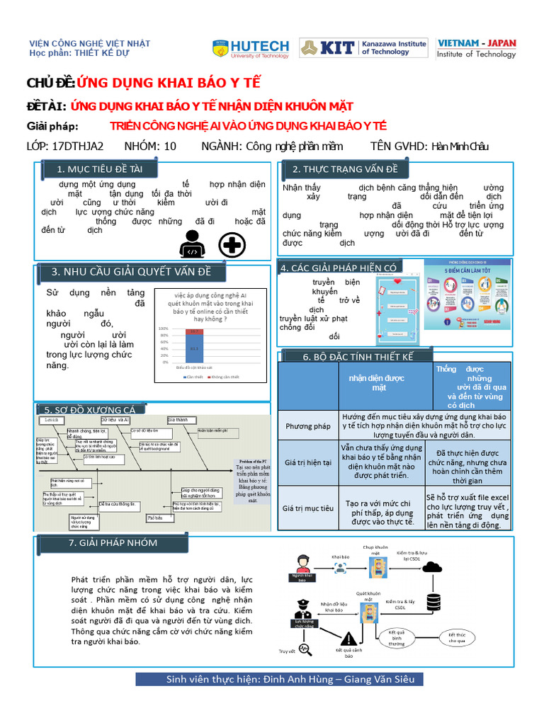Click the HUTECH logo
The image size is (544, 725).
point(251,48)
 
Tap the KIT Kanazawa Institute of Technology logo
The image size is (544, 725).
point(363,47)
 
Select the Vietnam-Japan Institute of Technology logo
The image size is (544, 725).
point(476,48)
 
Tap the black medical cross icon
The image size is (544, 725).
point(231,246)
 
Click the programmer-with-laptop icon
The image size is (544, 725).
point(193,245)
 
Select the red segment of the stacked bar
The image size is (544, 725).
point(194,331)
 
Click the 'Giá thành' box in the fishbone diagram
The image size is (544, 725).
point(178,420)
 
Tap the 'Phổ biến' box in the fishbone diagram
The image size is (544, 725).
point(155,518)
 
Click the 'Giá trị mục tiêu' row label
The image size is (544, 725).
point(308,508)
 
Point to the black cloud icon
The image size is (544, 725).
point(429,566)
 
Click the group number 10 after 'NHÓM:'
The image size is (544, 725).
point(170,147)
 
